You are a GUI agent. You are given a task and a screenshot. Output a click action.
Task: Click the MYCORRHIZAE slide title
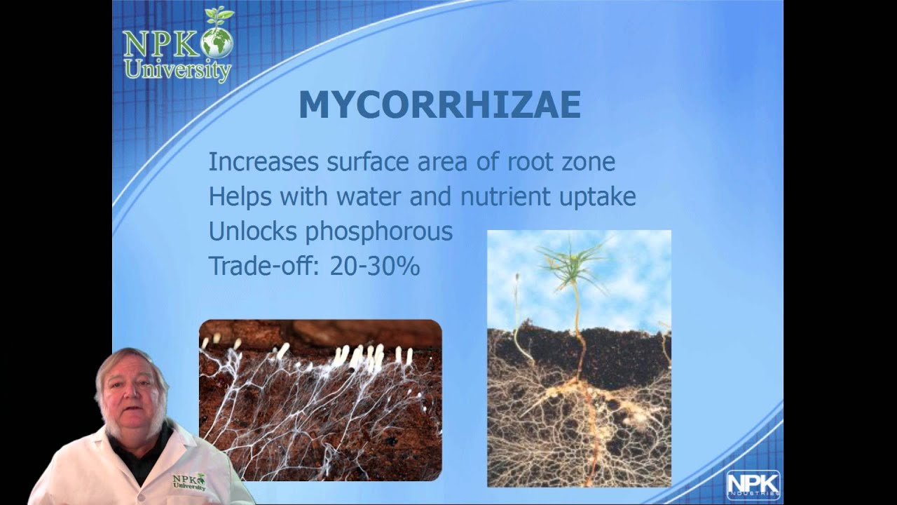point(439,105)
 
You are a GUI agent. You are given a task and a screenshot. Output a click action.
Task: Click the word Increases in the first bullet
point(263,162)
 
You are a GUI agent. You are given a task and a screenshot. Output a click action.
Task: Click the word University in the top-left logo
point(177,71)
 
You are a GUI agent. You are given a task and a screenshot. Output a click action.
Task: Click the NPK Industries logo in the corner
point(753,485)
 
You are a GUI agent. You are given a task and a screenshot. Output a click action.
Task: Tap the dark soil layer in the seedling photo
point(617,354)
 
